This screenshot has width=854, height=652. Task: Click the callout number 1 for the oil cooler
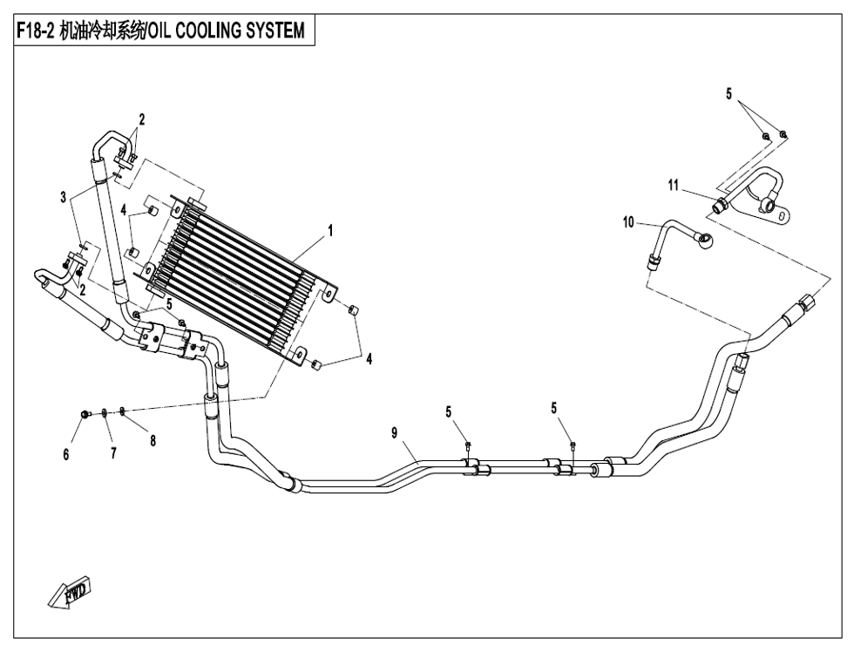[331, 231]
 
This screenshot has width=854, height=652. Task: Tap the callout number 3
[64, 199]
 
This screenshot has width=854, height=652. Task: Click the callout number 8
[152, 440]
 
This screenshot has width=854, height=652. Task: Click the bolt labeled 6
[82, 413]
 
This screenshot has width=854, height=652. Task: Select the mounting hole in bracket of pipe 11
[783, 214]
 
